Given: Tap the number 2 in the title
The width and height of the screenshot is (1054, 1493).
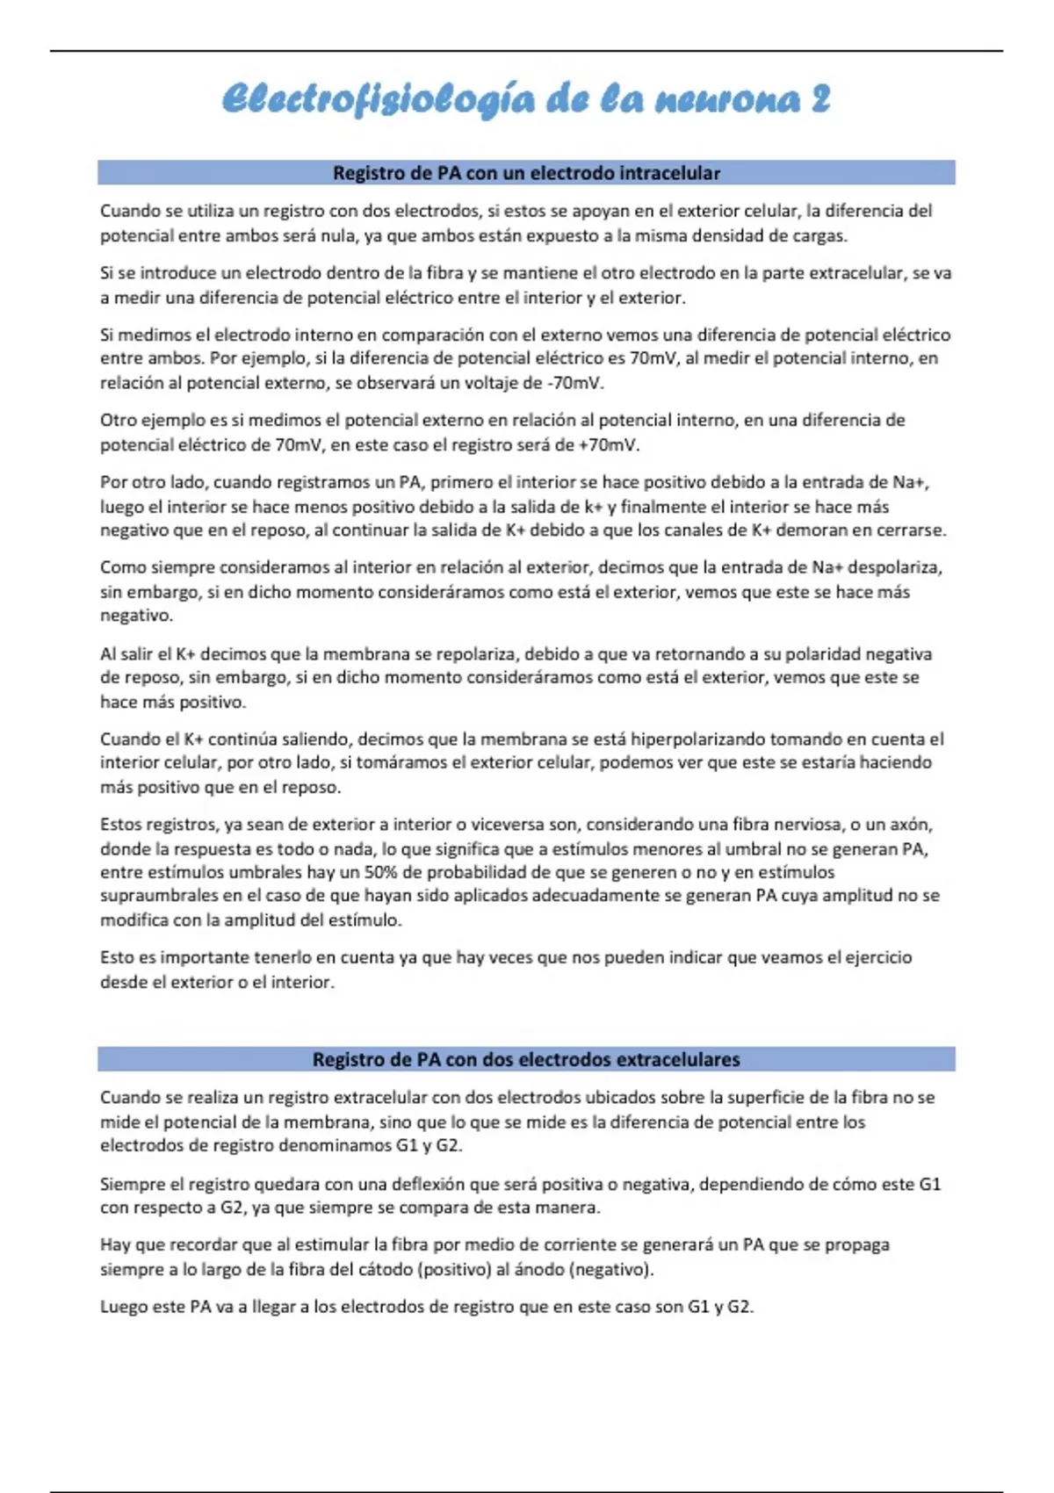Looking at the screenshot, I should pyautogui.click(x=819, y=99).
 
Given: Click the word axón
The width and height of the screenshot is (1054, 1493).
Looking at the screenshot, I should pyautogui.click(x=912, y=825).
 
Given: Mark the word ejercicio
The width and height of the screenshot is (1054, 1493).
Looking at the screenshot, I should pyautogui.click(x=877, y=957).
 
